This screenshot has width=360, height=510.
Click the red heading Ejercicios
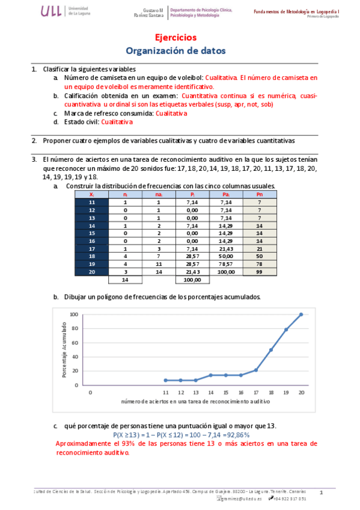click(x=180, y=37)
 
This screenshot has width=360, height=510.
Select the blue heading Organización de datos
click(x=180, y=51)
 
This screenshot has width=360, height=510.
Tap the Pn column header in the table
click(x=259, y=194)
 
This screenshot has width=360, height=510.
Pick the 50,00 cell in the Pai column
click(x=226, y=256)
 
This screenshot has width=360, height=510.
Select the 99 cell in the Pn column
click(x=259, y=272)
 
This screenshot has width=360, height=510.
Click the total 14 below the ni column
click(x=124, y=280)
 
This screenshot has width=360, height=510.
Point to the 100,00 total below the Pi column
click(x=192, y=280)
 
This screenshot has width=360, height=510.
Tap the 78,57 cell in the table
click(x=226, y=264)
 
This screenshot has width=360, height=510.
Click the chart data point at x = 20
click(x=301, y=314)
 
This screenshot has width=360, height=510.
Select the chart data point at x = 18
click(x=271, y=349)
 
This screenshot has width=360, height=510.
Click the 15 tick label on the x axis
click(x=226, y=392)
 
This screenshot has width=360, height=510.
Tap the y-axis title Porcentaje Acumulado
click(x=64, y=349)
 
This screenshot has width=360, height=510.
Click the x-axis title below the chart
click(x=195, y=401)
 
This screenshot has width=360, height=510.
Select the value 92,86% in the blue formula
click(x=237, y=435)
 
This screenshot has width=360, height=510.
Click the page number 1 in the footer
click(x=322, y=493)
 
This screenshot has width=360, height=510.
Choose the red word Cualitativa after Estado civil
click(x=117, y=121)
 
